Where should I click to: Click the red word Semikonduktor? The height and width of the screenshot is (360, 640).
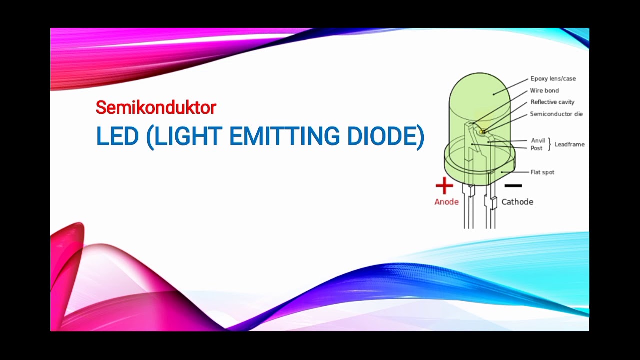(x=156, y=107)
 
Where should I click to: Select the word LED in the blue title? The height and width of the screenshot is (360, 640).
(x=117, y=136)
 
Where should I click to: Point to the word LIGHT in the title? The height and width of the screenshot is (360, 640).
(x=187, y=136)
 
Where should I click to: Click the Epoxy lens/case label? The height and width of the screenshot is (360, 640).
(x=553, y=79)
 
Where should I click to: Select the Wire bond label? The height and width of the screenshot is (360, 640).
(x=544, y=91)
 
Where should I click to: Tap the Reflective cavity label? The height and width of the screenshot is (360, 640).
(x=552, y=102)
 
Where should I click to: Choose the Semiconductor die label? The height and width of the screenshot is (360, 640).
(x=556, y=114)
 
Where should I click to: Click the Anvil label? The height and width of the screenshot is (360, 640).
(x=538, y=141)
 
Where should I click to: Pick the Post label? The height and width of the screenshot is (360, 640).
(x=536, y=148)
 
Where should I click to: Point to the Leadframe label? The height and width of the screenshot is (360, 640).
(x=569, y=144)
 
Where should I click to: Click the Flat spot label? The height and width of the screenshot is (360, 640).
(x=542, y=172)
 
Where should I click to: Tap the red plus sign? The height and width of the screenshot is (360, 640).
(x=444, y=186)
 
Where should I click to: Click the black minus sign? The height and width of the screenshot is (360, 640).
(x=513, y=186)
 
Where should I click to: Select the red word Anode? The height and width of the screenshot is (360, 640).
(x=446, y=202)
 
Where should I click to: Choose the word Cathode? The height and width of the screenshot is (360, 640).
(x=517, y=202)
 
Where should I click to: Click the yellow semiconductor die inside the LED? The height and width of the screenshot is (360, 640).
(x=483, y=132)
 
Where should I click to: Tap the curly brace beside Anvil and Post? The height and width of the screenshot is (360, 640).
(x=550, y=144)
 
